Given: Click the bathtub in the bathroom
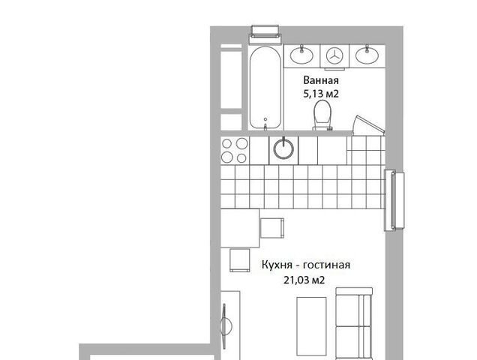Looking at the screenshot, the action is tap(265, 88).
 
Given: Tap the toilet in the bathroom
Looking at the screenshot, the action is tap(322, 115).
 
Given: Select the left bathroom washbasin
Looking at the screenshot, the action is tap(301, 55).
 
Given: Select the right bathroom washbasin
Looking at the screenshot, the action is tap(367, 55).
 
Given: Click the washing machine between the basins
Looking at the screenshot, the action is tap(334, 56).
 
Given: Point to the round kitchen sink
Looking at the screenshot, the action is tap(283, 148).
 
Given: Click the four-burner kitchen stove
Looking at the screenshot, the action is tap(235, 150).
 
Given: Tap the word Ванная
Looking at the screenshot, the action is tap(321, 80).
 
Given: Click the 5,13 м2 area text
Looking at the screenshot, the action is tap(321, 94).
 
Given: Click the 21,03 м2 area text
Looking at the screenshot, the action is tap(304, 280).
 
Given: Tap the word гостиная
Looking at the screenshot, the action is tap(327, 265).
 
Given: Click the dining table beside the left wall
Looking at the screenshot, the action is tap(240, 228).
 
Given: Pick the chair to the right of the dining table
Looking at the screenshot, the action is tap(272, 228).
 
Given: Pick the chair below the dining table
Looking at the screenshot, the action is tap(240, 260).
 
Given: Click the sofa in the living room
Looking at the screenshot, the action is tap(354, 323).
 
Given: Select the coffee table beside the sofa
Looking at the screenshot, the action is tap(311, 326).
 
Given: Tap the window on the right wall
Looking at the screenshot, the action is tap(394, 200).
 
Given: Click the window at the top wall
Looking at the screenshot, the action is tap(265, 35).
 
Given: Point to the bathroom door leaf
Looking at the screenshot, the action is tap(369, 124).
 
